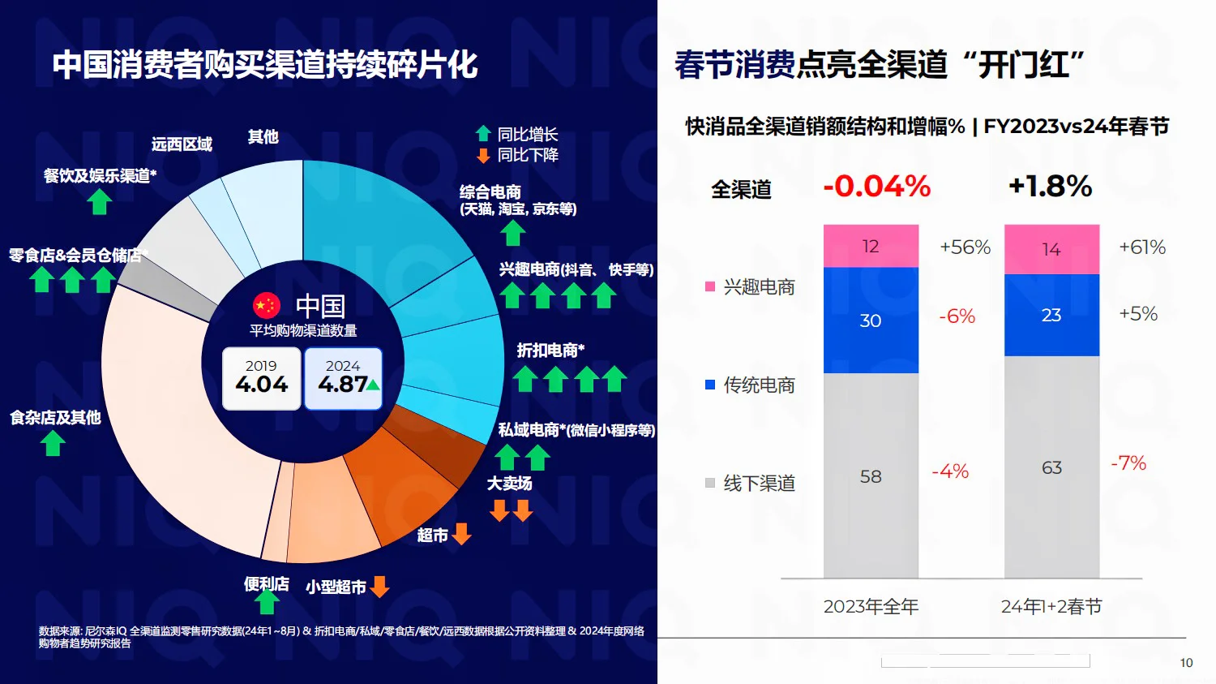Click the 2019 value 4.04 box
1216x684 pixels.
pos(262,378)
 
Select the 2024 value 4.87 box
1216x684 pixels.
pos(344,378)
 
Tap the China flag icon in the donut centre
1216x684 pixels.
pos(267,306)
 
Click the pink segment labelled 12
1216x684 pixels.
pos(871,246)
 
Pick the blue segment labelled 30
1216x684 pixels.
pos(871,320)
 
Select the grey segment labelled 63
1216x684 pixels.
pos(1051,467)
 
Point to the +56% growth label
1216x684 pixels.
pos(965,247)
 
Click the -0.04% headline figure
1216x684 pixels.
pos(877,187)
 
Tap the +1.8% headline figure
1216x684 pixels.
pos(1050,187)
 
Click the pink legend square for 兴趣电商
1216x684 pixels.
pos(710,286)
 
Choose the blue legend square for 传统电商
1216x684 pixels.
pos(710,385)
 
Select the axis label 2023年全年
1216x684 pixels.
pos(871,607)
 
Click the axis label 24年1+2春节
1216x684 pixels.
pos(1051,607)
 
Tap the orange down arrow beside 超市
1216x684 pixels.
pos(461,534)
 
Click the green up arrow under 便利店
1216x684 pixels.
pos(267,603)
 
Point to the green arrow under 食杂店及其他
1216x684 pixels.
pos(54,443)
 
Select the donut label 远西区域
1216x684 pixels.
pos(182,144)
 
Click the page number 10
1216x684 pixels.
pos(1186,663)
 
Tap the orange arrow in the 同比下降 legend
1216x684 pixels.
pos(483,155)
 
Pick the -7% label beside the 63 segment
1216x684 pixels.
pos(1128,463)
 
